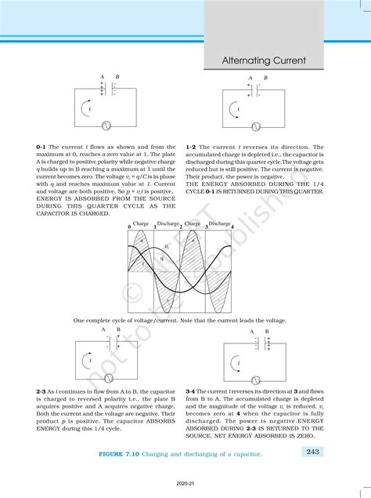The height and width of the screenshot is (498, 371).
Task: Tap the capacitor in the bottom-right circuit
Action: (x=266, y=343)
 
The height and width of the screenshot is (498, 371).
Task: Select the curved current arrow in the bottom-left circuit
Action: (x=87, y=362)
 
